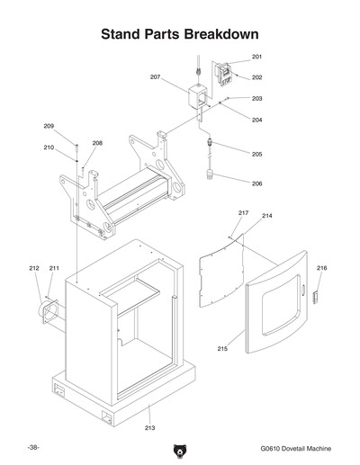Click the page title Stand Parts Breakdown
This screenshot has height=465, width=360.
point(180,34)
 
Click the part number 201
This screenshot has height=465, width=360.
point(256,57)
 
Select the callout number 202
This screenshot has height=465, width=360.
point(256,77)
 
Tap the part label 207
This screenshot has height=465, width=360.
point(155,77)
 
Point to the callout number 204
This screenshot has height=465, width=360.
point(256,120)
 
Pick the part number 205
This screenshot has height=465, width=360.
point(256,154)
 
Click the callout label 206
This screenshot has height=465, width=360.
point(256,183)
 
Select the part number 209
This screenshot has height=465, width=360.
point(50,126)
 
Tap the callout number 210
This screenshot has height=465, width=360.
point(49,147)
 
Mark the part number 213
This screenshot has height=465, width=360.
point(149,427)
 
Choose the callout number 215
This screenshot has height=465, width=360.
point(221,348)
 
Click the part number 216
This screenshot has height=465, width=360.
point(321,268)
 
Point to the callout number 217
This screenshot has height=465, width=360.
point(243,212)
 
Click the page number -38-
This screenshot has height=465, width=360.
point(33,447)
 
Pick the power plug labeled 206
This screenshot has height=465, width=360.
point(213,173)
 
